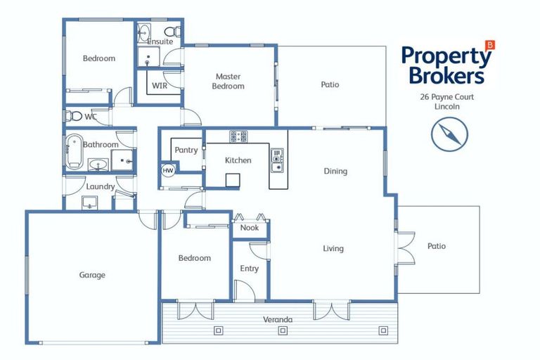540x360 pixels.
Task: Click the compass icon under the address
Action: pos(446,136)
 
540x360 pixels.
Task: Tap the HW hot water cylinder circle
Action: pos(168,171)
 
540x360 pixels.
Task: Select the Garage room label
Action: pos(92,275)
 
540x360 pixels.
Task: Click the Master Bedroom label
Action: pos(229,81)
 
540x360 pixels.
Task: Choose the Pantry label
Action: pos(186,150)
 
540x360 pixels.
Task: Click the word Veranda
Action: pos(278,320)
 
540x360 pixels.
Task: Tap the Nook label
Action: pos(250,228)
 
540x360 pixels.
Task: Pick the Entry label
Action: pos(249,268)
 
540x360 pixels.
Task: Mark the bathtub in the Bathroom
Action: pos(74,152)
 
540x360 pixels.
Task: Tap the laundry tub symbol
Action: pos(90,203)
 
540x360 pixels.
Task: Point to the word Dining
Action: pos(335,171)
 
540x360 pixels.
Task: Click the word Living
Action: pos(333,248)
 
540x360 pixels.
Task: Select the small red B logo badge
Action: pos(491,45)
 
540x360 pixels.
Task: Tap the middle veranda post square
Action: pos(300,330)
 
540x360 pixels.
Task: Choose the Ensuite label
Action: pos(160,41)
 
